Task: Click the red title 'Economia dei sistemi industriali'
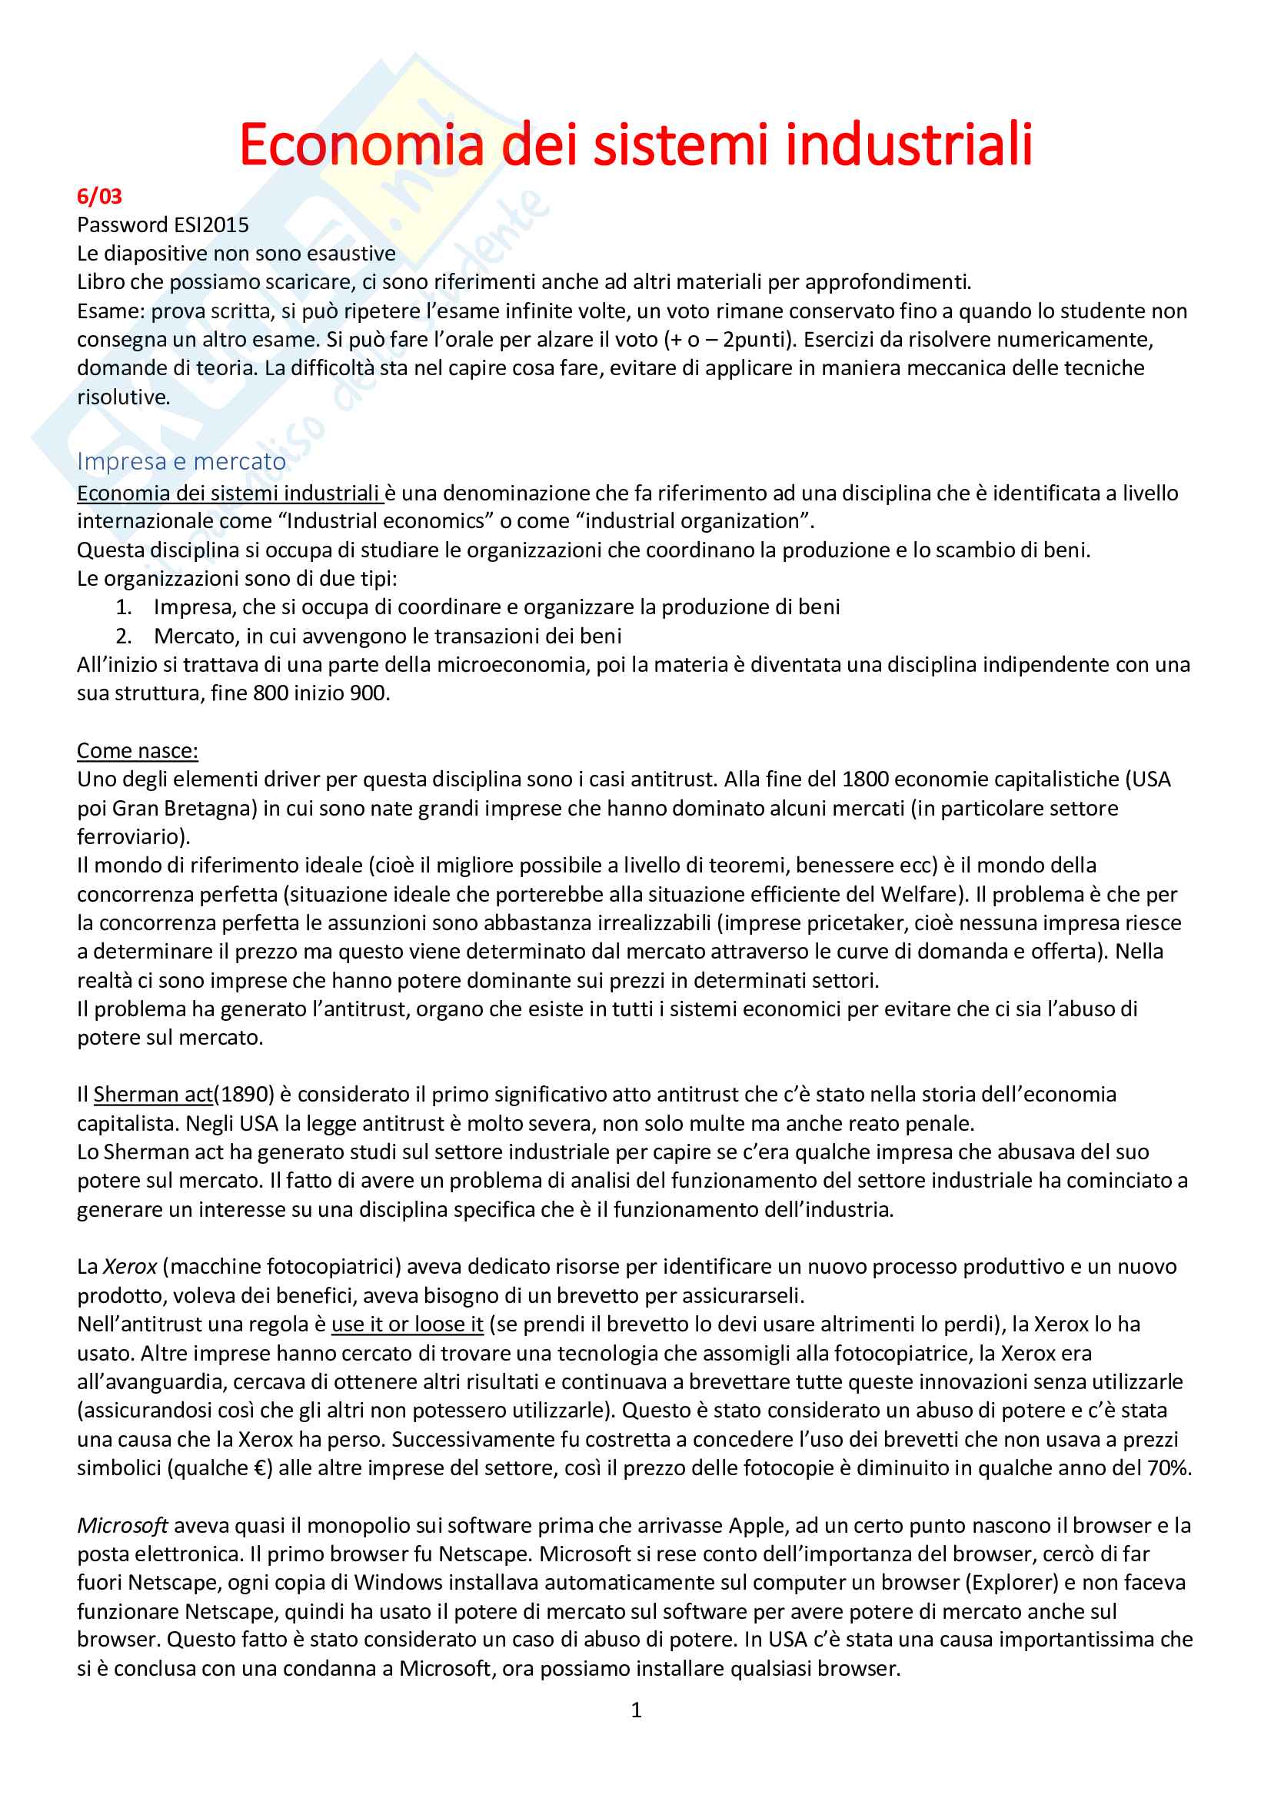[635, 145]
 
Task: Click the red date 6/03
[99, 197]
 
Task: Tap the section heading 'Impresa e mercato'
[181, 462]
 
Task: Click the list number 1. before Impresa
[124, 607]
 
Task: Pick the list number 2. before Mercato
[124, 636]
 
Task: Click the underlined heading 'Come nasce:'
[137, 750]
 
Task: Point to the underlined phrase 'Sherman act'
[153, 1095]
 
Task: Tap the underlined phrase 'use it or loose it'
[408, 1324]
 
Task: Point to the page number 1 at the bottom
[636, 1710]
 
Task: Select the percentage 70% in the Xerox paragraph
[1170, 1467]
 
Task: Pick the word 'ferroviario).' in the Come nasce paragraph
[133, 836]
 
